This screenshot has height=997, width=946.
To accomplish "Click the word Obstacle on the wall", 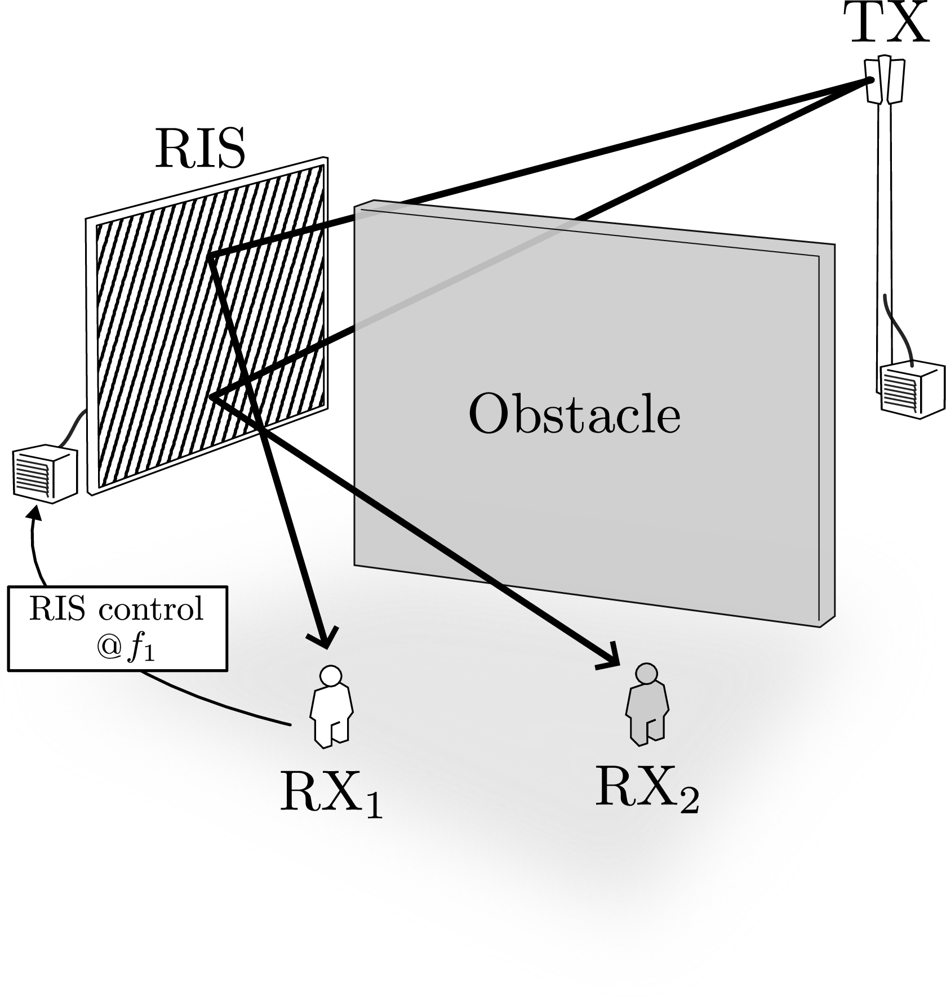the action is point(574,415).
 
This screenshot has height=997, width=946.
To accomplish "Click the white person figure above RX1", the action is point(331,707).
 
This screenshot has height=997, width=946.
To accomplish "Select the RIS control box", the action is point(118,629).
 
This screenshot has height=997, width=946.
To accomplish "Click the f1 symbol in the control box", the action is point(141,649).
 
